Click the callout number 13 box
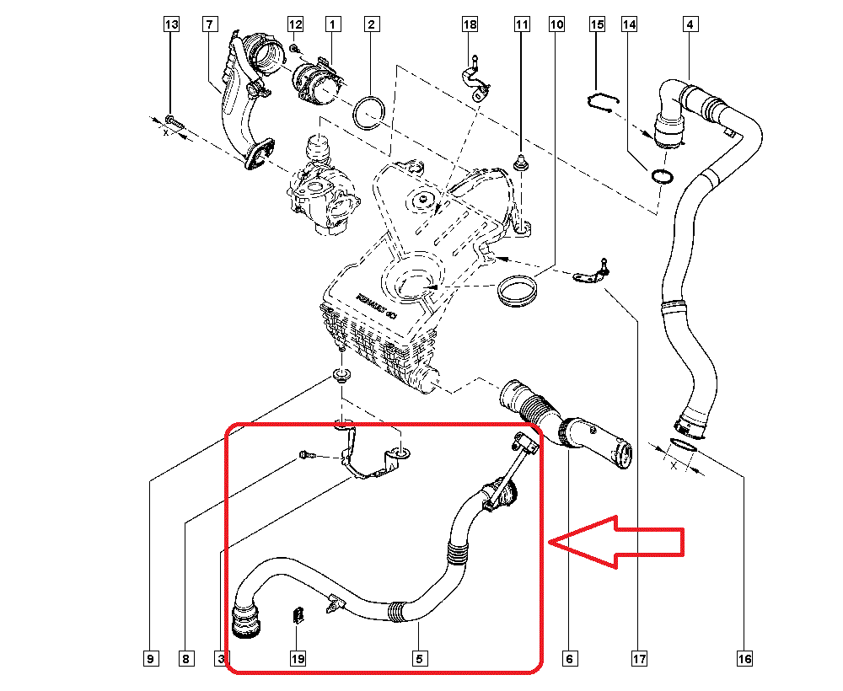(x=171, y=25)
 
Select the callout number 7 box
(x=209, y=25)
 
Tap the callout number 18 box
(x=470, y=25)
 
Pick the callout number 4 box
(x=690, y=25)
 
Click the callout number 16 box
(x=744, y=658)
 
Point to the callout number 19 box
(x=297, y=658)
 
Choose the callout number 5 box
(x=418, y=658)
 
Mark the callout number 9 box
(x=150, y=658)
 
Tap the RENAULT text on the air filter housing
(x=376, y=307)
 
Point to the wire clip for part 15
(x=601, y=102)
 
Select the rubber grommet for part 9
(x=341, y=374)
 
